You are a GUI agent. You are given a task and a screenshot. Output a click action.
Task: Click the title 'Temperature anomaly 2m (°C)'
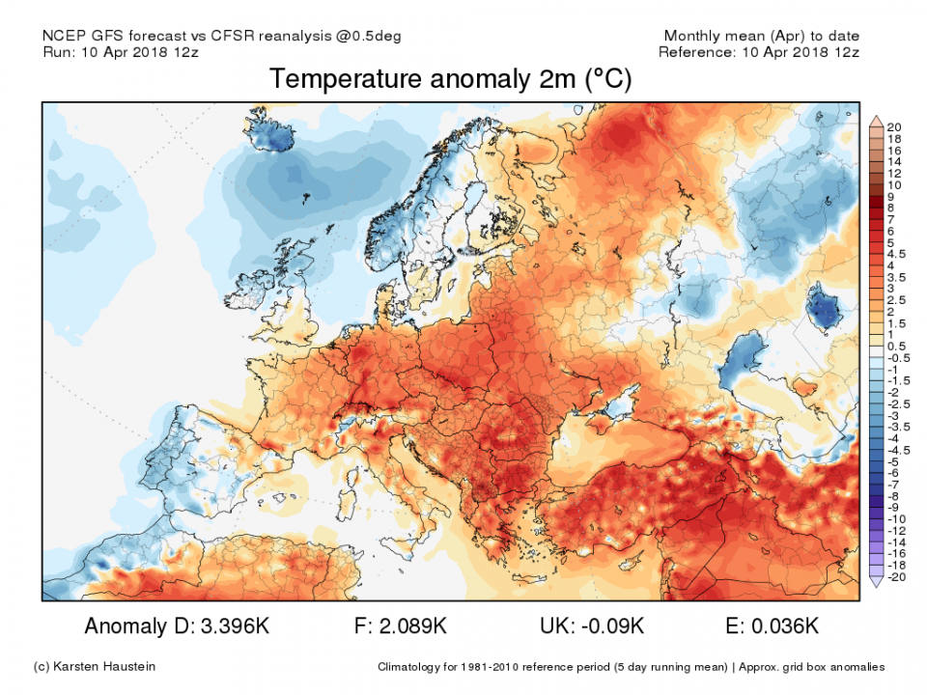450,79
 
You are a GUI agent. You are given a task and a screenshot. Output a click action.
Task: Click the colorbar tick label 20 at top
893,126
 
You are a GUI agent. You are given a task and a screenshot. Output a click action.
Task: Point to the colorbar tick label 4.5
895,254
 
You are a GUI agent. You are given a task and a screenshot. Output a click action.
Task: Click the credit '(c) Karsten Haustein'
93,667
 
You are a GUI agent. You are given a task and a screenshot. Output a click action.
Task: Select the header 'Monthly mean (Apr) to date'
760,36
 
